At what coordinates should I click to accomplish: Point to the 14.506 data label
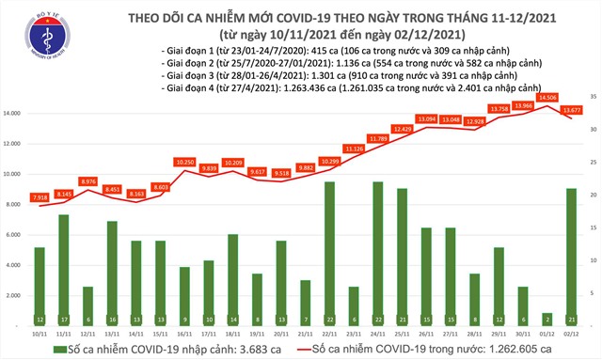click(x=547, y=97)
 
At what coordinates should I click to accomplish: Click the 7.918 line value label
click(x=39, y=197)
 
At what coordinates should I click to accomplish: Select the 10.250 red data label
click(x=184, y=162)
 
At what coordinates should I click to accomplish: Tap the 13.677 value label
click(x=572, y=110)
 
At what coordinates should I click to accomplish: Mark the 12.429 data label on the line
click(x=404, y=128)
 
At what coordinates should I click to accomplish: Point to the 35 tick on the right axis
click(x=593, y=97)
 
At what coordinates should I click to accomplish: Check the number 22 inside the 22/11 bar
click(x=329, y=320)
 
